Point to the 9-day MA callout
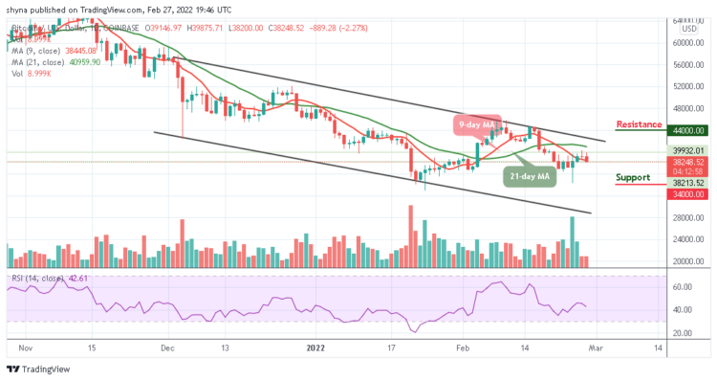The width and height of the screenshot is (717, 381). [476, 123]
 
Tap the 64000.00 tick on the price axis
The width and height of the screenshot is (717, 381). [685, 20]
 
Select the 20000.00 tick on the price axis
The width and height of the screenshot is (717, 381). [685, 261]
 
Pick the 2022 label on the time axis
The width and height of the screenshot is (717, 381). [315, 350]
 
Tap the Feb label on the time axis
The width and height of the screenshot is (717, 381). [464, 350]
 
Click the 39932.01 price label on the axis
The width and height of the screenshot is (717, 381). [685, 150]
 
